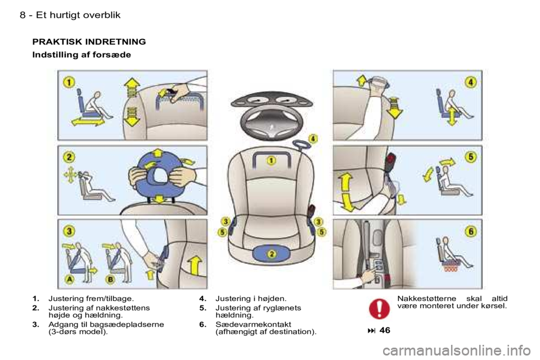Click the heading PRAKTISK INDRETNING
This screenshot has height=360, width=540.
(89, 42)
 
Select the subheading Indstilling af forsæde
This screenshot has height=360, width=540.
(82, 55)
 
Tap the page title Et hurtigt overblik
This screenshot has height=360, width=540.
(78, 15)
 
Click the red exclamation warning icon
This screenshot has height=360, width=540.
(379, 308)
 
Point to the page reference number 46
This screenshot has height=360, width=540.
(385, 330)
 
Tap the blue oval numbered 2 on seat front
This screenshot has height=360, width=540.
(272, 254)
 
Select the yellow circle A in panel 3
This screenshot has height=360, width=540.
(70, 280)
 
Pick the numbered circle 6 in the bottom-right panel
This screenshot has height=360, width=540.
(471, 231)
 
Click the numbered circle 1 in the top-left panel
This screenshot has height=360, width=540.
(69, 82)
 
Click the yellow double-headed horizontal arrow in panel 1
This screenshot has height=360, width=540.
(88, 121)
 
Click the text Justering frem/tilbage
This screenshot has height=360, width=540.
(91, 298)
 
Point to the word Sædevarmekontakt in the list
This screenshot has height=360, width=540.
(253, 324)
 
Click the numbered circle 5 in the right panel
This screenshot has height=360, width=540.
(471, 157)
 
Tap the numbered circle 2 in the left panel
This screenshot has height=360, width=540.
(69, 157)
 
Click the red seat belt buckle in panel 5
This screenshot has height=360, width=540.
(392, 161)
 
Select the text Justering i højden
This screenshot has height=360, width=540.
(251, 298)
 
